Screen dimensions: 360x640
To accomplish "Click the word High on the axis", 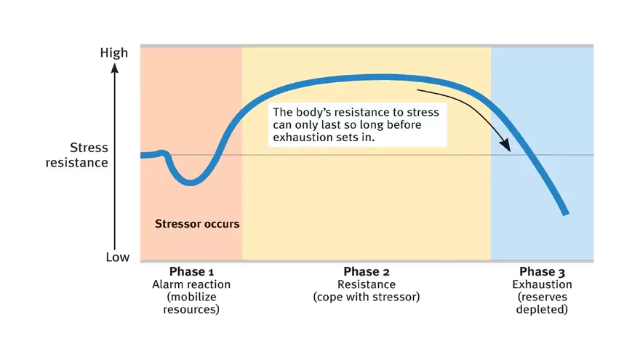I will tap(114, 52).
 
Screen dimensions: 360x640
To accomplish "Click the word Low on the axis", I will tap(117, 257).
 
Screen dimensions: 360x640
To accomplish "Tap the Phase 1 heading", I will tap(191, 272).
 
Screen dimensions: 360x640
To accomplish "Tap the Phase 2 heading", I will tap(367, 272).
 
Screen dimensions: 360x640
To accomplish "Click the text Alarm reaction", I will tap(191, 284).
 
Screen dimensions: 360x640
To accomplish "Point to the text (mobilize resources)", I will tap(191, 303).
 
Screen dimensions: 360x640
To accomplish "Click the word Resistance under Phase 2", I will tap(367, 284).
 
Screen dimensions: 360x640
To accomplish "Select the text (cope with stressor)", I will tap(367, 297).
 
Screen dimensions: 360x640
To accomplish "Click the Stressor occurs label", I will tap(197, 224).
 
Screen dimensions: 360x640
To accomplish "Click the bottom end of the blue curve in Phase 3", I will tap(566, 212).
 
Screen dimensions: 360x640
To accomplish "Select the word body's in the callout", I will tap(313, 113).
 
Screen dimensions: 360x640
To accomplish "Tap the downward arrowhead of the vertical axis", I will tap(113, 245).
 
